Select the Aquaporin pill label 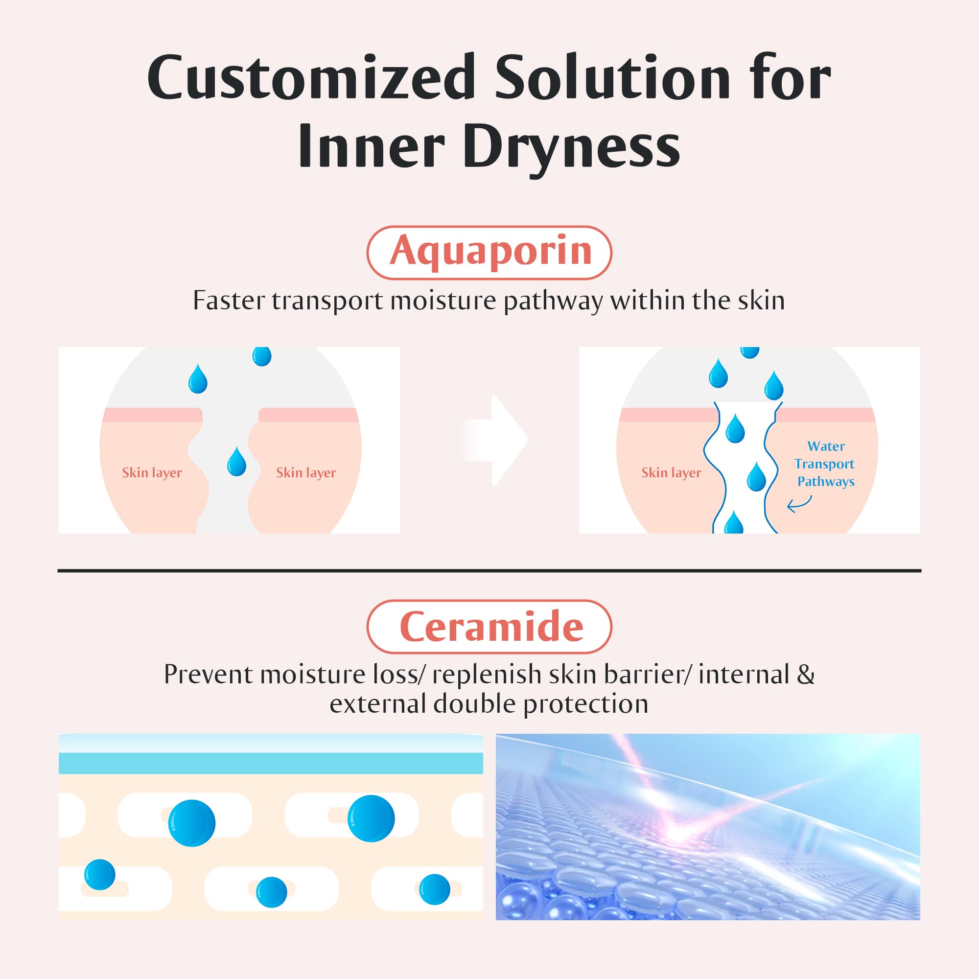tap(489, 253)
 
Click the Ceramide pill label tap(489, 627)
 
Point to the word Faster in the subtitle tap(229, 301)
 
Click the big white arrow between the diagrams tap(495, 441)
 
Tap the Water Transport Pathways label tap(825, 464)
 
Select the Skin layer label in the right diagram tap(671, 473)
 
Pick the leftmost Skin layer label tap(152, 473)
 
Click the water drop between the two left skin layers tap(236, 462)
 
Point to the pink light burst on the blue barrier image tap(674, 833)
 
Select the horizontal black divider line tap(489, 571)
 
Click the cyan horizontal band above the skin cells tap(271, 763)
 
